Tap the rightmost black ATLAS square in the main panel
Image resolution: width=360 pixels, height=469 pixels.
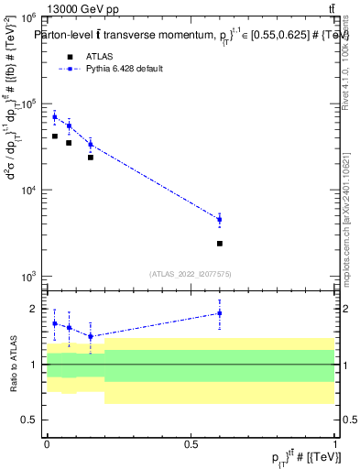click(219, 244)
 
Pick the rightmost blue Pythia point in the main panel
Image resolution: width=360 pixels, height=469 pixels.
click(219, 219)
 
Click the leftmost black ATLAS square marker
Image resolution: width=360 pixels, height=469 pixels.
click(55, 136)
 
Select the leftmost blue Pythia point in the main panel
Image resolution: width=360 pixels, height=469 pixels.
click(55, 116)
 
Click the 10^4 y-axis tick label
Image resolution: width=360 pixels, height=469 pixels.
click(27, 190)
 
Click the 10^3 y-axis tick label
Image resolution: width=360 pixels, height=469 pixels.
click(27, 276)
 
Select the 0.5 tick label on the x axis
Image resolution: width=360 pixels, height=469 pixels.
click(191, 443)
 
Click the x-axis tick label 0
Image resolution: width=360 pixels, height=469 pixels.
click(47, 443)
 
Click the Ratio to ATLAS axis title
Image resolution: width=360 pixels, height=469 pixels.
click(12, 365)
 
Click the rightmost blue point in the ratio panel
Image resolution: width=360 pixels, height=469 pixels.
click(219, 313)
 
